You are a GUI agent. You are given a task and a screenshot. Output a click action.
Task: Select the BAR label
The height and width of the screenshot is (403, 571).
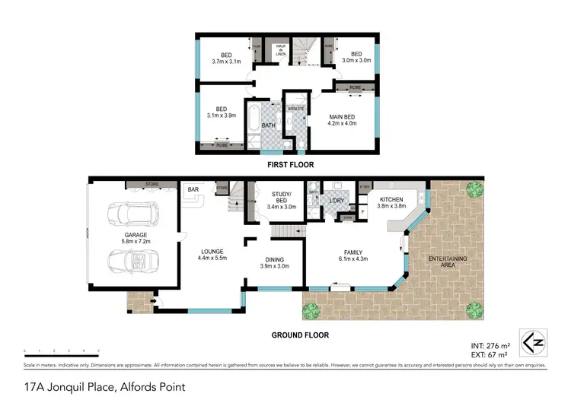tap(193, 190)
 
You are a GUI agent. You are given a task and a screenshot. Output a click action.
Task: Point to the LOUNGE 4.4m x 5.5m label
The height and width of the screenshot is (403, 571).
tap(212, 253)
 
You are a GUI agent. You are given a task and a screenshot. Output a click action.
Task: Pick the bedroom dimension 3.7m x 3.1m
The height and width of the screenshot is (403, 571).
tap(225, 62)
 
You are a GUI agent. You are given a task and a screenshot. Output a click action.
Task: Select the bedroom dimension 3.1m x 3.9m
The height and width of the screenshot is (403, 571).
tap(222, 116)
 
